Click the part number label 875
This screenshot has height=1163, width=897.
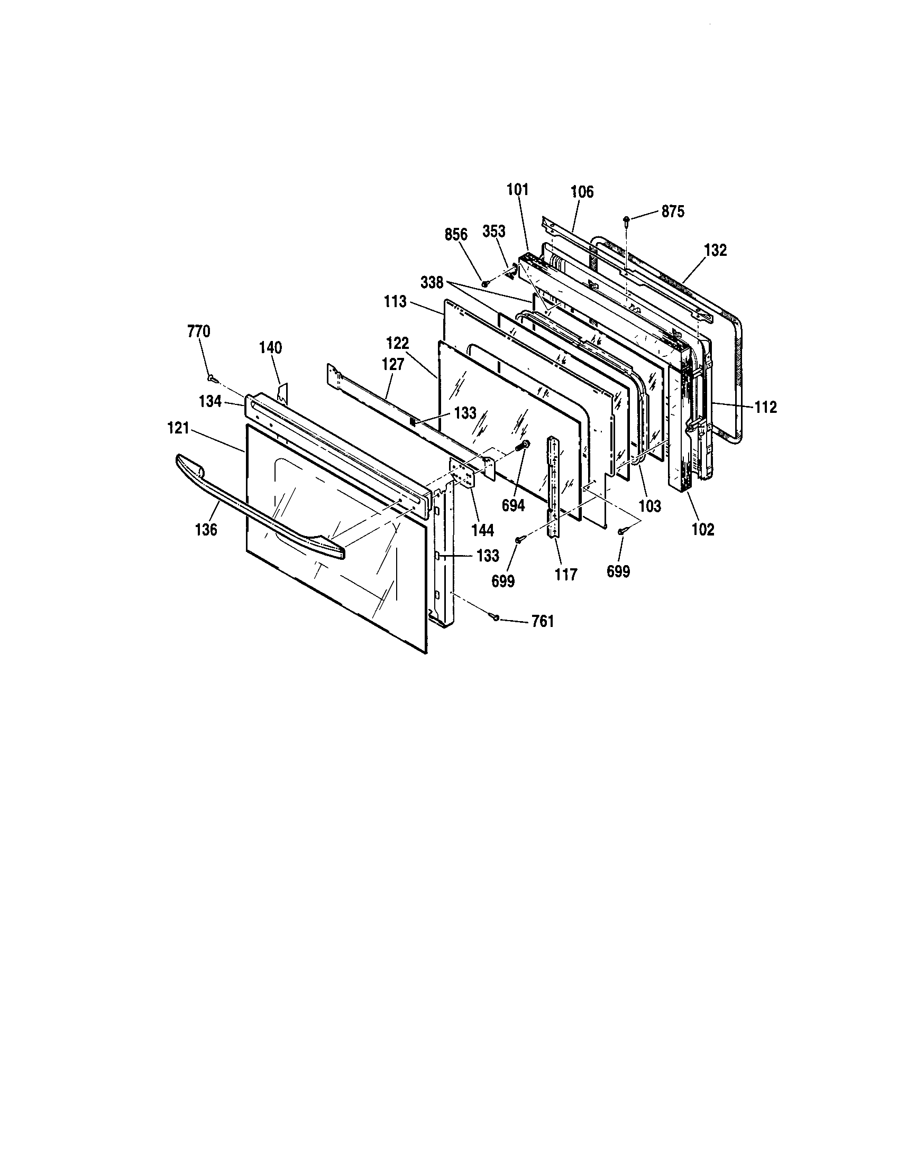click(x=673, y=211)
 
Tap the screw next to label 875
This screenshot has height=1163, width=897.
click(x=626, y=219)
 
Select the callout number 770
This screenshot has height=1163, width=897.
click(x=199, y=332)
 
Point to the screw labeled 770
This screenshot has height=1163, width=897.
click(x=213, y=378)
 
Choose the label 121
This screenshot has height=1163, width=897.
click(x=178, y=428)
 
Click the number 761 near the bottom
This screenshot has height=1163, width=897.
click(x=542, y=622)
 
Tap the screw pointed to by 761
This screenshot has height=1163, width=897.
click(x=496, y=617)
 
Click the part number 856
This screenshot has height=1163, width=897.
click(x=456, y=235)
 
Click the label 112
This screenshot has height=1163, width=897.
click(x=765, y=408)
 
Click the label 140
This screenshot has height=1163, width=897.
click(x=271, y=348)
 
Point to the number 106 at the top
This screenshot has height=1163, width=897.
click(x=582, y=192)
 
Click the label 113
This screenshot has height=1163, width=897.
click(x=395, y=302)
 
